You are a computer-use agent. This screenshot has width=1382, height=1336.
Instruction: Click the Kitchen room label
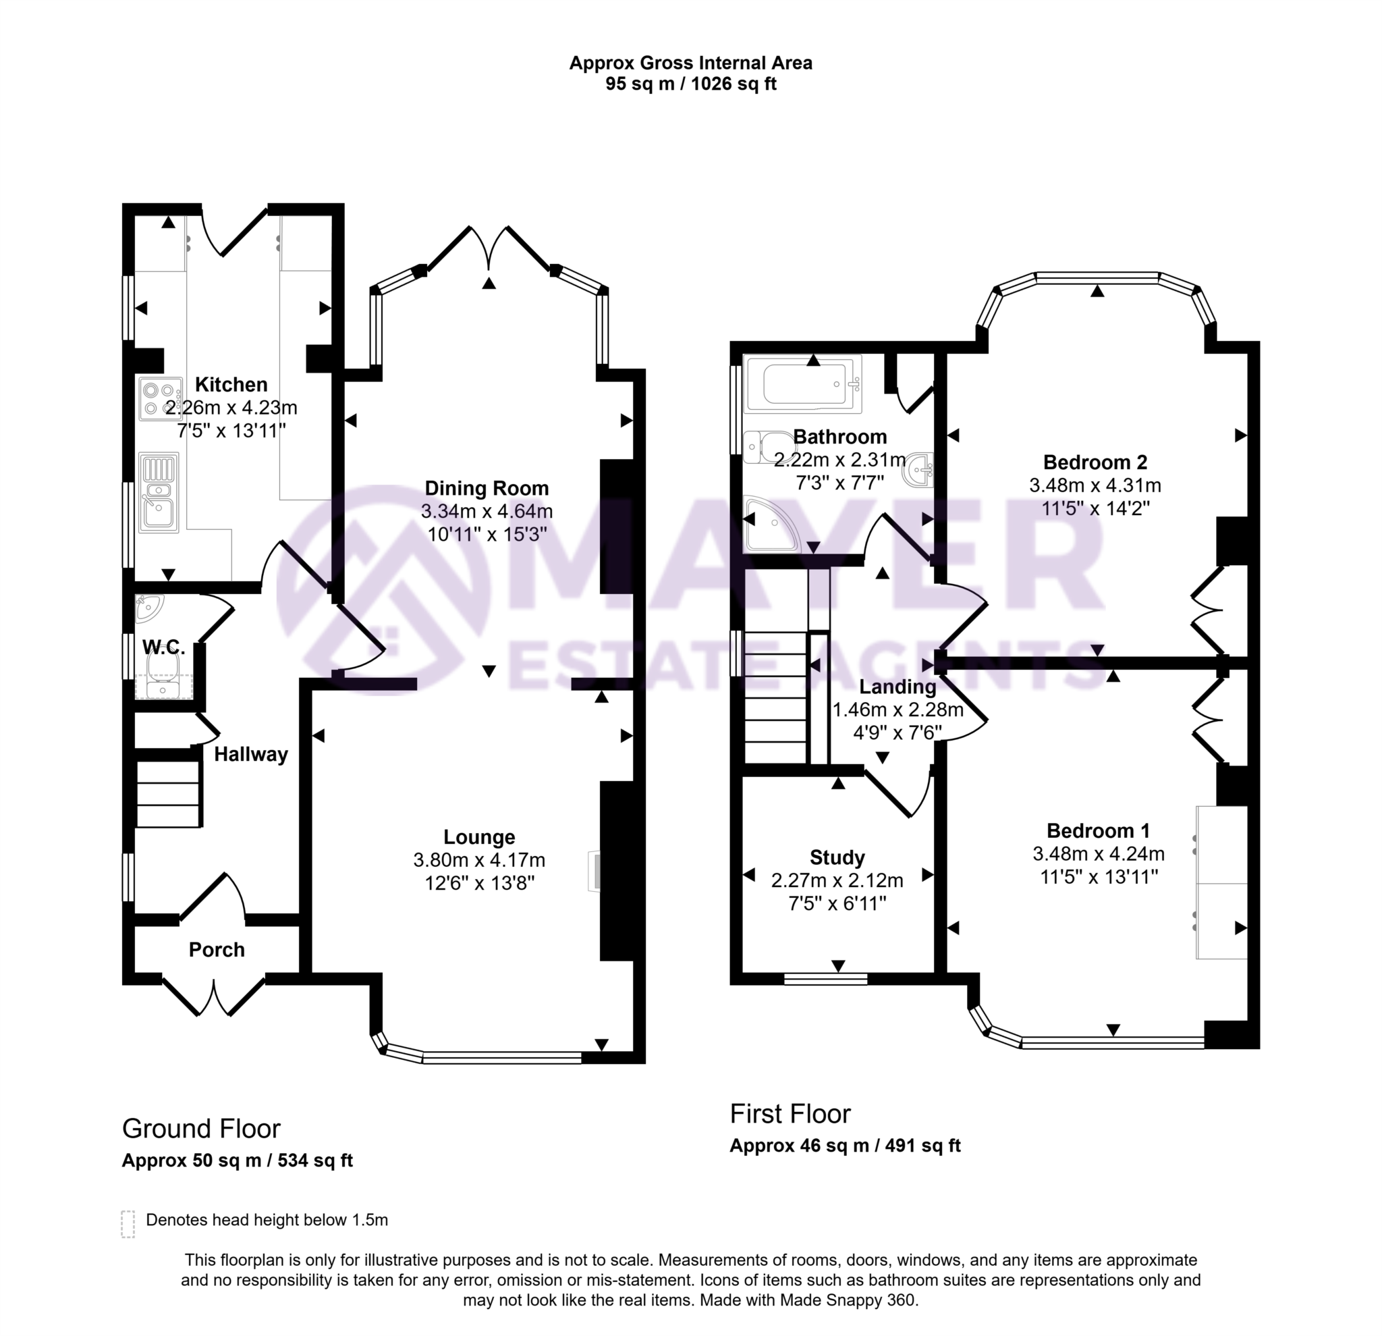coord(231,384)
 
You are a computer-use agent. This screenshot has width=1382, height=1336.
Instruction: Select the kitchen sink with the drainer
coord(159,491)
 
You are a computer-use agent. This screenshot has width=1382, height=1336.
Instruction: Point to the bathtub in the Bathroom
coord(803,384)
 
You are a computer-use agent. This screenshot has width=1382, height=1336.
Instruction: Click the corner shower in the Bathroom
coord(771,523)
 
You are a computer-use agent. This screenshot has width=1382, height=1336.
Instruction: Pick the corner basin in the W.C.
coord(148,608)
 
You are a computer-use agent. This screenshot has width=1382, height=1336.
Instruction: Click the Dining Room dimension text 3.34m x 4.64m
coord(487,512)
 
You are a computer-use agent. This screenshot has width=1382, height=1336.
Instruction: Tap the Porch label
coord(217,949)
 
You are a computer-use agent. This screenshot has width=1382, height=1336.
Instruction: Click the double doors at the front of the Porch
coord(215,996)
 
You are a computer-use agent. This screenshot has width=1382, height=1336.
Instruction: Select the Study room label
coord(837,858)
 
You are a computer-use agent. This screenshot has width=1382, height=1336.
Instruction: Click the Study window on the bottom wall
coord(826,978)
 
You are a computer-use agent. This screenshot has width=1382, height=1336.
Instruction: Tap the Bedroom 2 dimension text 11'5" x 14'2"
coord(1095,508)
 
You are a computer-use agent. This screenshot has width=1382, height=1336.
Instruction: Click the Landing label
coord(897,687)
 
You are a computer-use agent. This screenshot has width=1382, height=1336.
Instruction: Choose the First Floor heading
coord(790,1114)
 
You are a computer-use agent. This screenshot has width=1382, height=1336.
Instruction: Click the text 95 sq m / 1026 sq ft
coord(690,84)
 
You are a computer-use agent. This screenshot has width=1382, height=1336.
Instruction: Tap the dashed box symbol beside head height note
coord(128,1225)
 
